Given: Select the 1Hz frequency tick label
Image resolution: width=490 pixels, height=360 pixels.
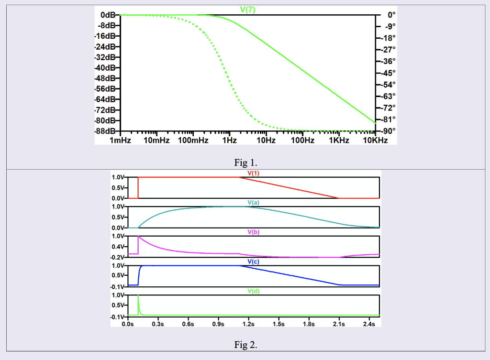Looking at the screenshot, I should pyautogui.click(x=229, y=141).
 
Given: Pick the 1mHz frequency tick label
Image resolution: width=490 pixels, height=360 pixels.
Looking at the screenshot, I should pyautogui.click(x=120, y=141).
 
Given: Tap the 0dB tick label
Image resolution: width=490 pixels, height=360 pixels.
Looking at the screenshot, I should pyautogui.click(x=108, y=15).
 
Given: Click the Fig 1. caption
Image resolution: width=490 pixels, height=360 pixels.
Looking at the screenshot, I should pyautogui.click(x=245, y=161).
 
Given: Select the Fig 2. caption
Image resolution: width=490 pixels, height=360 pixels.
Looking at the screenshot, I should pyautogui.click(x=245, y=344).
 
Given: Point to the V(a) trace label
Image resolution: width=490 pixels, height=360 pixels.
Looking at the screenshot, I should pyautogui.click(x=253, y=203).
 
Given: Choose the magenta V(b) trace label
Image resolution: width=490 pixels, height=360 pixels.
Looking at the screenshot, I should pyautogui.click(x=253, y=232).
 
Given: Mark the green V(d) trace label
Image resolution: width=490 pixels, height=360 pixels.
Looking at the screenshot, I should pyautogui.click(x=253, y=291).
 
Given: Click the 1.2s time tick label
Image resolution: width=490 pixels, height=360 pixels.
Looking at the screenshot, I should pyautogui.click(x=248, y=324).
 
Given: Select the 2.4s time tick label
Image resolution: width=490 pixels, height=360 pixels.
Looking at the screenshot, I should pyautogui.click(x=369, y=324).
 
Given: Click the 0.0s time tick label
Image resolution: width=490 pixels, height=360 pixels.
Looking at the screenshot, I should pyautogui.click(x=128, y=324).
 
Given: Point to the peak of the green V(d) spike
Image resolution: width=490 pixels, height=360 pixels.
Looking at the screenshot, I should pyautogui.click(x=138, y=295).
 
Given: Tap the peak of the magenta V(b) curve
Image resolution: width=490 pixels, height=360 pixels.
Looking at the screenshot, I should pyautogui.click(x=138, y=236).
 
